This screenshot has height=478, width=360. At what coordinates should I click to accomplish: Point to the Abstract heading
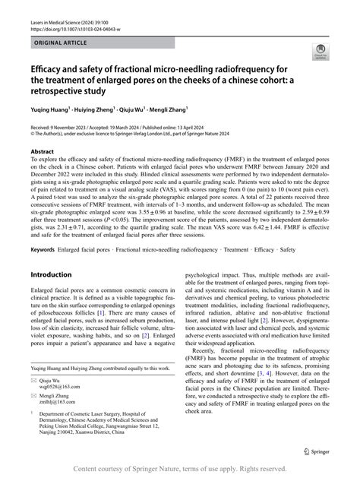tap(42, 150)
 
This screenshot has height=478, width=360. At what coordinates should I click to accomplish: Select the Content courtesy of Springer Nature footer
tap(179, 469)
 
